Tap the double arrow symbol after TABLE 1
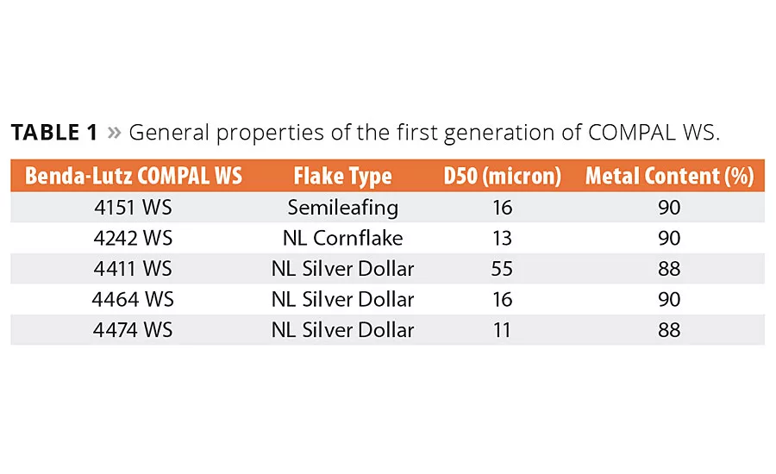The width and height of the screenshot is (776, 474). pyautogui.click(x=114, y=134)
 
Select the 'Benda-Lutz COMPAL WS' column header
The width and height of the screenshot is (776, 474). pyautogui.click(x=134, y=177)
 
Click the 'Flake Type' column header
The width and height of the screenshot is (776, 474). pyautogui.click(x=342, y=177)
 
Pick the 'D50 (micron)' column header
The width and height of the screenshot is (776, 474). pyautogui.click(x=502, y=177)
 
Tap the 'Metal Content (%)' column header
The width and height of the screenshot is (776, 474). pyautogui.click(x=669, y=177)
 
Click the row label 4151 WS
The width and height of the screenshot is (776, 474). pyautogui.click(x=134, y=208)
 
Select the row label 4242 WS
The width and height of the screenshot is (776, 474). pyautogui.click(x=134, y=238)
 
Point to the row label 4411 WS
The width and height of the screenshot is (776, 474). pyautogui.click(x=134, y=269)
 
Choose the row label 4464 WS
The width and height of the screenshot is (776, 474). pyautogui.click(x=134, y=299)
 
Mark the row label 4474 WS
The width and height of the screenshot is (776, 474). pyautogui.click(x=134, y=329)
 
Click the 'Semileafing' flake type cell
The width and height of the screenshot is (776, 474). pyautogui.click(x=342, y=208)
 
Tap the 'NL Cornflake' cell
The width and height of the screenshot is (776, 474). pyautogui.click(x=342, y=238)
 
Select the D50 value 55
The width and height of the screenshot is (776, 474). pyautogui.click(x=502, y=269)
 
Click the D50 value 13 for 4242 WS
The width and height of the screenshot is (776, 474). pyautogui.click(x=502, y=238)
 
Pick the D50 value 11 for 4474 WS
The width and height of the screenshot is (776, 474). pyautogui.click(x=502, y=329)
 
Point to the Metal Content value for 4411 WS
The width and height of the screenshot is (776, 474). pyautogui.click(x=669, y=269)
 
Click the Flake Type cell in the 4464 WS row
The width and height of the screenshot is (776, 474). pyautogui.click(x=342, y=299)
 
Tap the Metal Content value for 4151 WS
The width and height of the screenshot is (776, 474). pyautogui.click(x=669, y=208)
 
